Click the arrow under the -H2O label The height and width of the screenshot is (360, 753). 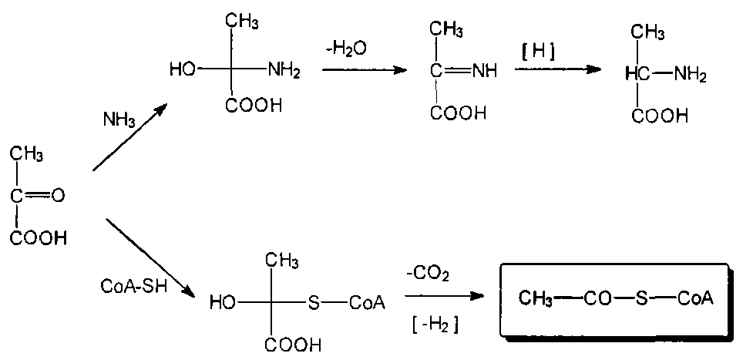364,70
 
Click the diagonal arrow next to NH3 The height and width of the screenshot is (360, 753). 129,138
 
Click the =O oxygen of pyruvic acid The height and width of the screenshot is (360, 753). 58,196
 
